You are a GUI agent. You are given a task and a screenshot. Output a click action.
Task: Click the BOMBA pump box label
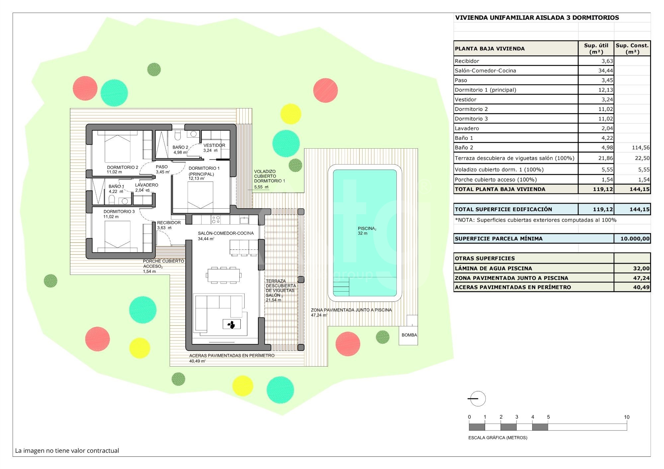[409, 335]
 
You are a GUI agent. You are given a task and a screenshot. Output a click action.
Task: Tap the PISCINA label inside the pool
[367, 229]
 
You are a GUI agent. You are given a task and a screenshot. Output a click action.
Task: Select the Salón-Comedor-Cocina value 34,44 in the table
[606, 70]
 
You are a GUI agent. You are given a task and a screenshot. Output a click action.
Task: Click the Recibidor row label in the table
[467, 61]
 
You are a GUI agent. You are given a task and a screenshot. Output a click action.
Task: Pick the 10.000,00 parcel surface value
[635, 238]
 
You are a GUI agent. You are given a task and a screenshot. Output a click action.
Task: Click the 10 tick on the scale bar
[626, 417]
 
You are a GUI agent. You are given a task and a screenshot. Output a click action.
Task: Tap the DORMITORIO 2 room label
[123, 167]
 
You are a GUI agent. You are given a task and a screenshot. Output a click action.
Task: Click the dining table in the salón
[224, 275]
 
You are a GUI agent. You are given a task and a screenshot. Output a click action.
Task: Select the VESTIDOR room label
[214, 145]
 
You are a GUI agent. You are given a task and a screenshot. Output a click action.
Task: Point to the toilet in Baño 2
[178, 135]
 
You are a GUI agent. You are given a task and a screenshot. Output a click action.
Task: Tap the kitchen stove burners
[216, 219]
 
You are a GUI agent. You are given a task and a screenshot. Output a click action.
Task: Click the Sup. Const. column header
[632, 48]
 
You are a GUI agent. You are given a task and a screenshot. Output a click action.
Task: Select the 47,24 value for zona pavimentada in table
[641, 278]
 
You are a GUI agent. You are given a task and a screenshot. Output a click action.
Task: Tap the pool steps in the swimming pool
[341, 286]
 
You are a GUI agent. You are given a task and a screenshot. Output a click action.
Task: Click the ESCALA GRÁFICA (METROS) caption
[498, 437]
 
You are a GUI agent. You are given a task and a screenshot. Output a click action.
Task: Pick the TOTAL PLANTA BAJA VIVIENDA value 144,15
[639, 189]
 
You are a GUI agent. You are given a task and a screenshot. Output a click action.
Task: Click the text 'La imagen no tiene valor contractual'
[67, 450]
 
